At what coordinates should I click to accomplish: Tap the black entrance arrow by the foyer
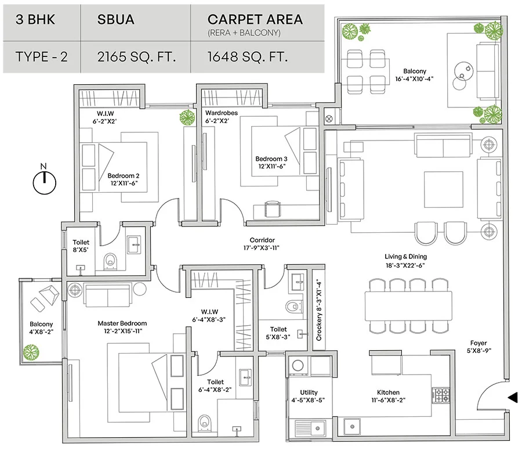point(512,398)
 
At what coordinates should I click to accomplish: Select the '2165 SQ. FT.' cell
point(136,57)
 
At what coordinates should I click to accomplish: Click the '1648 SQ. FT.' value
point(248,57)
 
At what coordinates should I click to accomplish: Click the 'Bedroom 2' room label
point(123,176)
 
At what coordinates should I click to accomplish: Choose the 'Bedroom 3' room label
point(271,159)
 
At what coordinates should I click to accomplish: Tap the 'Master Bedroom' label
point(122,323)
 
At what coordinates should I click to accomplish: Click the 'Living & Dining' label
point(405,257)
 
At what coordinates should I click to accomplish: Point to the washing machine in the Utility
point(298,366)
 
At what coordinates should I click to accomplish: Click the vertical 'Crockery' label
point(318,311)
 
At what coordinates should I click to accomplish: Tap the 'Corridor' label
point(262,240)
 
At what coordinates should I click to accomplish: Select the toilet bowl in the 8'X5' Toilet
point(109,263)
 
